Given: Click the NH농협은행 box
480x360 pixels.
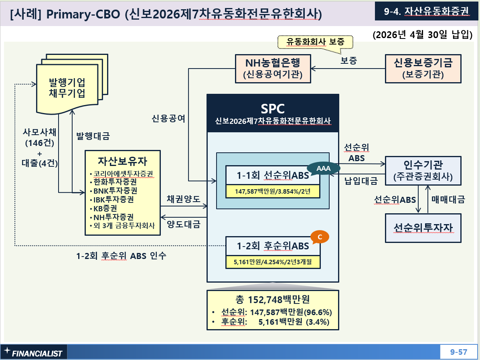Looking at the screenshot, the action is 273,69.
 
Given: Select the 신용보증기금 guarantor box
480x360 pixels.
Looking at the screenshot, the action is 423,69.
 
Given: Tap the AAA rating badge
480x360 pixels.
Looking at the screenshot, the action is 323,168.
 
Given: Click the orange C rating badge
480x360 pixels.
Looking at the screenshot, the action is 320,237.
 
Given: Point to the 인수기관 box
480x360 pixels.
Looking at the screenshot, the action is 423,171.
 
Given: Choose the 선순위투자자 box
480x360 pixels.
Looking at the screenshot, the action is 423,228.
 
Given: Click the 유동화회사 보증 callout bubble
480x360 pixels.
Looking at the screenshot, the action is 315,42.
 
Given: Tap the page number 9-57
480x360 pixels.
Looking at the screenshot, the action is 459,352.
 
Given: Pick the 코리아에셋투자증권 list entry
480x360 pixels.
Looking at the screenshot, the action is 122,174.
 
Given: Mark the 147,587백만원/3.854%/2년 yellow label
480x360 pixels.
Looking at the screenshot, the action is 273,191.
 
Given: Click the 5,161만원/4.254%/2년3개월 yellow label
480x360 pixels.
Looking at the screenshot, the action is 273,262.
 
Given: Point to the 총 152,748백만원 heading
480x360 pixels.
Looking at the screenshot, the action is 272,299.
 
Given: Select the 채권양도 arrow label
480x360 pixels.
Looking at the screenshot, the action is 183,199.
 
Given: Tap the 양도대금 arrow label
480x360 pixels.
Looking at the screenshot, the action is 184,224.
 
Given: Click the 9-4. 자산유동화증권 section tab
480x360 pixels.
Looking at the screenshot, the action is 426,11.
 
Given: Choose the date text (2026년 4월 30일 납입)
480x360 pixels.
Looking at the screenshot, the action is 422,34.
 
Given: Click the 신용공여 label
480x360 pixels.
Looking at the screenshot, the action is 168,119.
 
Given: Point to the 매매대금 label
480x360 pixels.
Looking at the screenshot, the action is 448,200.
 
